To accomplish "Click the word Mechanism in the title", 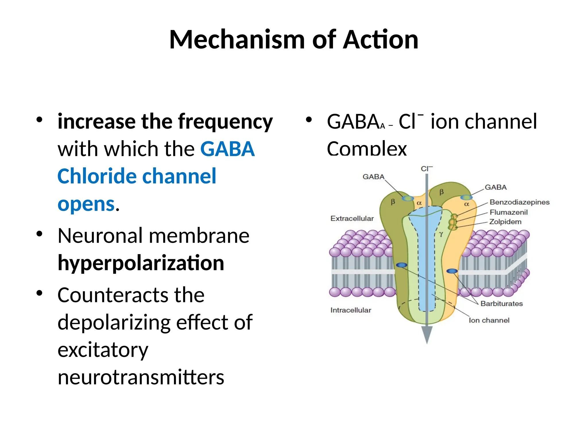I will tap(237, 40).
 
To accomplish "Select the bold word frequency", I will tap(225, 122).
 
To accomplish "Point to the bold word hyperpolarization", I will tap(141, 263).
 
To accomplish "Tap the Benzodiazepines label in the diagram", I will tap(519, 202).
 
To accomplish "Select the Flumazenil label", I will tap(508, 212).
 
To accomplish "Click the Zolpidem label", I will tap(505, 222).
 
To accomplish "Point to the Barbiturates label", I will tap(501, 303).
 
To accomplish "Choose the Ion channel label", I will tap(489, 320).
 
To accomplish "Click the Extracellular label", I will tap(352, 218).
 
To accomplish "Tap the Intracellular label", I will tap(351, 310).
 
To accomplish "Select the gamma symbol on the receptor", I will tap(441, 234).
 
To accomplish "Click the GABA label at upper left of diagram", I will tap(373, 177).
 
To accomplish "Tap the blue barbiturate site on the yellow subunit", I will tap(452, 271).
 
